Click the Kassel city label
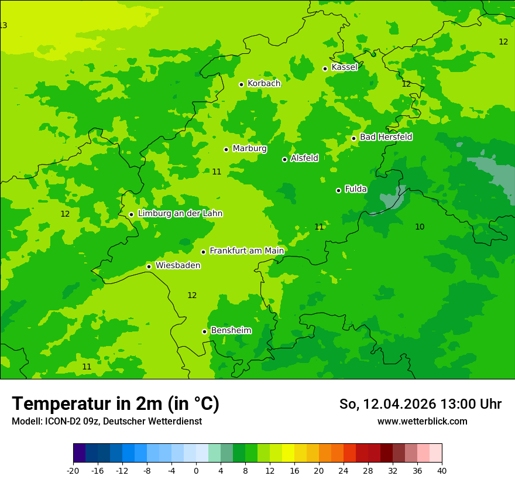click(x=344, y=67)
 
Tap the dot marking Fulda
click(x=338, y=190)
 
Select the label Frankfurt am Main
click(x=246, y=251)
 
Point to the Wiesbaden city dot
click(x=149, y=266)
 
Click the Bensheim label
click(x=231, y=330)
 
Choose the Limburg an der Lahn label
click(x=180, y=214)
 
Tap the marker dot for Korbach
click(x=241, y=84)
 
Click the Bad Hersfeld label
click(x=386, y=137)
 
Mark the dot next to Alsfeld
click(x=285, y=159)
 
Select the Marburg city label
click(x=249, y=149)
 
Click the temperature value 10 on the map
click(x=420, y=227)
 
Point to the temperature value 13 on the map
click(x=4, y=25)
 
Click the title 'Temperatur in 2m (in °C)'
click(x=115, y=404)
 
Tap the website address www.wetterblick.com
click(x=422, y=422)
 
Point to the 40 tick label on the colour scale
click(x=441, y=471)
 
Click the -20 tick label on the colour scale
click(x=73, y=471)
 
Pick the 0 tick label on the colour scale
click(x=196, y=471)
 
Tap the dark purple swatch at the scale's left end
click(x=79, y=453)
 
